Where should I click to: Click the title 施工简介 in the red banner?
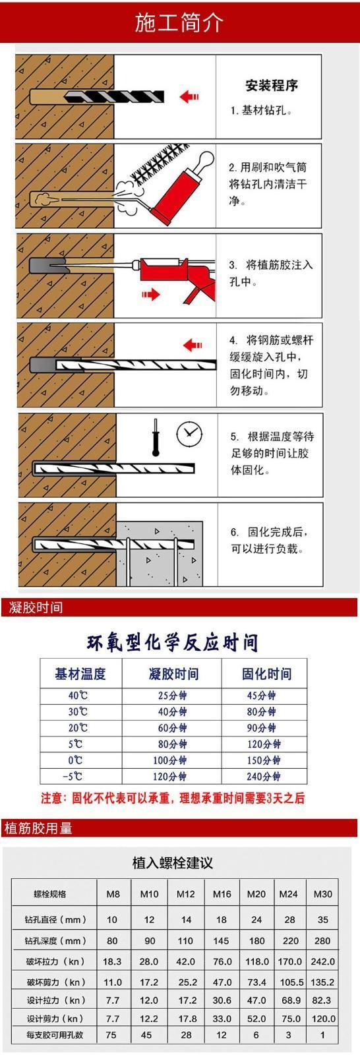point(179,22)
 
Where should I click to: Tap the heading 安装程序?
point(272,85)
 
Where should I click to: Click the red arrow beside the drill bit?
point(189,96)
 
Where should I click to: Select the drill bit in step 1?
point(115,97)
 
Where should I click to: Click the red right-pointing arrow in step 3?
point(151,295)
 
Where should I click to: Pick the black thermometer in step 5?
point(155,438)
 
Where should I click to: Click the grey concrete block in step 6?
point(160,553)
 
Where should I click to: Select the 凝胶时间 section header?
point(36,607)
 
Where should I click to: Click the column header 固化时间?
point(266,674)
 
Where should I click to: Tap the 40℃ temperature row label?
point(78,695)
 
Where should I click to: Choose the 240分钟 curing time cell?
point(263,776)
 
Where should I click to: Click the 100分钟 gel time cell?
point(169,760)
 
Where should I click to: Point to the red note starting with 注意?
point(173,798)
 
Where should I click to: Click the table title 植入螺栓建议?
point(173,863)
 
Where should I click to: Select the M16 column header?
point(222,894)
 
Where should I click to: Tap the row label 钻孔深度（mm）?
point(55,940)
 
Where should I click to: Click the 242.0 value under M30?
point(323,961)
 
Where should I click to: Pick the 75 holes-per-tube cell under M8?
point(111,1035)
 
